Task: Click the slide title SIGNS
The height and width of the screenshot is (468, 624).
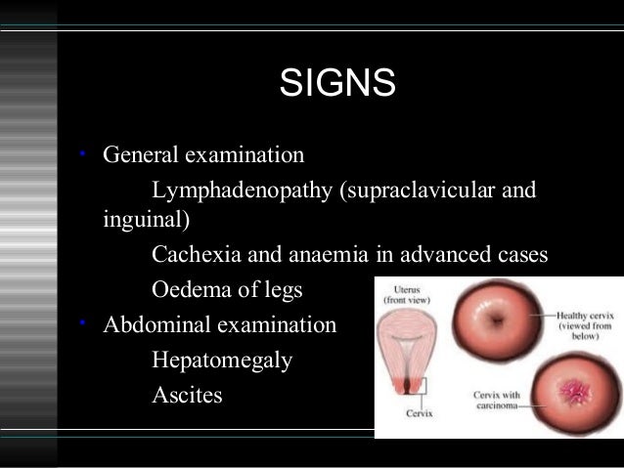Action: (337, 83)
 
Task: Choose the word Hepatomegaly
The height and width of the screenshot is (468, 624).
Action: (222, 360)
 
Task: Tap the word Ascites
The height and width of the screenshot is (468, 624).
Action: (187, 395)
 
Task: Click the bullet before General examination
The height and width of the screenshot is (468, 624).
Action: (84, 154)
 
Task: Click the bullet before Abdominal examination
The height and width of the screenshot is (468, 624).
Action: (84, 323)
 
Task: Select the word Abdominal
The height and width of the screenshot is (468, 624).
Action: (152, 324)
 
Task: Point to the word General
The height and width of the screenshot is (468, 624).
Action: (139, 155)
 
